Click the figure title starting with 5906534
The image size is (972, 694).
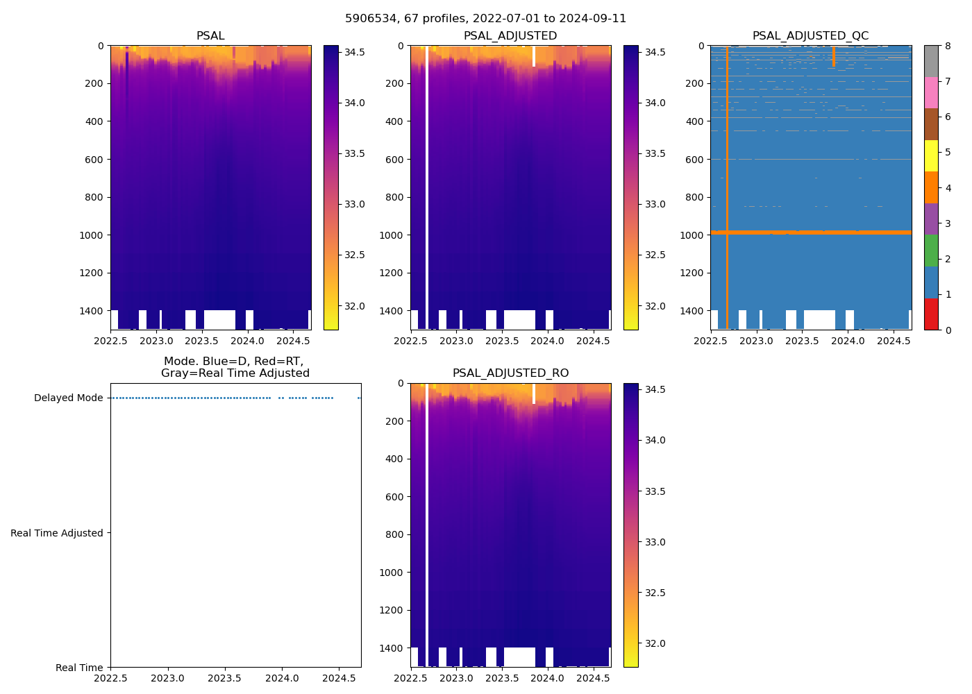485,19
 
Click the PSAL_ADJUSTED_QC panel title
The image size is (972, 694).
810,36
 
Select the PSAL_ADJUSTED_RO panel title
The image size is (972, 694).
510,373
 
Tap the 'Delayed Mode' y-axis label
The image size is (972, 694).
68,398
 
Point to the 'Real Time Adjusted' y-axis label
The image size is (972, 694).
57,533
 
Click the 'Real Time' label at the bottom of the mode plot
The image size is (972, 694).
79,668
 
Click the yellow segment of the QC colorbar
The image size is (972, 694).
931,155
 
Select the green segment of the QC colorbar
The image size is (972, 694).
931,251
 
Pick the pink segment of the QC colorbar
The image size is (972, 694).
931,92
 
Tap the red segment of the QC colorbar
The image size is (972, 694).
931,314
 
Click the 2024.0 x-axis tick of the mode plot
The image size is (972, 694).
282,678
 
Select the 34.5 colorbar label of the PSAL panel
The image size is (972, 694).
355,52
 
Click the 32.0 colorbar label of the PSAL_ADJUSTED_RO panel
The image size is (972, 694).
655,643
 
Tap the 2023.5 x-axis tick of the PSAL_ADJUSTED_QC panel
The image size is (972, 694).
802,340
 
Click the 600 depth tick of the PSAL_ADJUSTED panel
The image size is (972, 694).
392,160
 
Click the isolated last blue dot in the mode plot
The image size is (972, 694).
359,398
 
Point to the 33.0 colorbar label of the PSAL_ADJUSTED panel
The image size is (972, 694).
655,204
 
